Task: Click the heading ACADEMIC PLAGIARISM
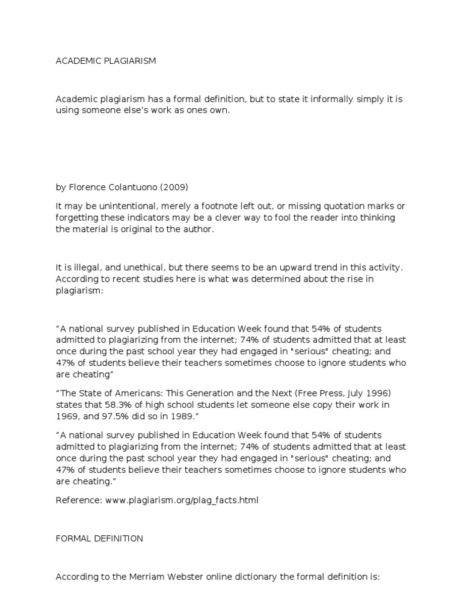[x=106, y=61]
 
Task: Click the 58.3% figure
[x=114, y=405]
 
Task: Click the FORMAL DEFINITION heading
[x=99, y=538]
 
